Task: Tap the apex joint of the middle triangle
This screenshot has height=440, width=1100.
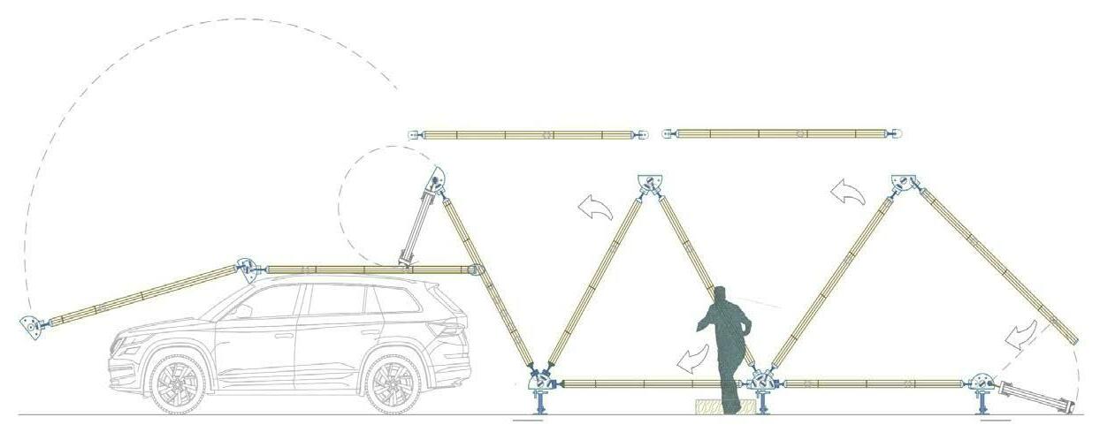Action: click(x=649, y=183)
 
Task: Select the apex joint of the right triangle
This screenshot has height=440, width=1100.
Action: click(x=904, y=183)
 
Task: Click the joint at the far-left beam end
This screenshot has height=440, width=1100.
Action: click(x=32, y=326)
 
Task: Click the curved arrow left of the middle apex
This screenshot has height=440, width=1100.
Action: click(x=595, y=208)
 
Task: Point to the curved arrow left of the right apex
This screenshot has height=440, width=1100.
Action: click(x=847, y=190)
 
